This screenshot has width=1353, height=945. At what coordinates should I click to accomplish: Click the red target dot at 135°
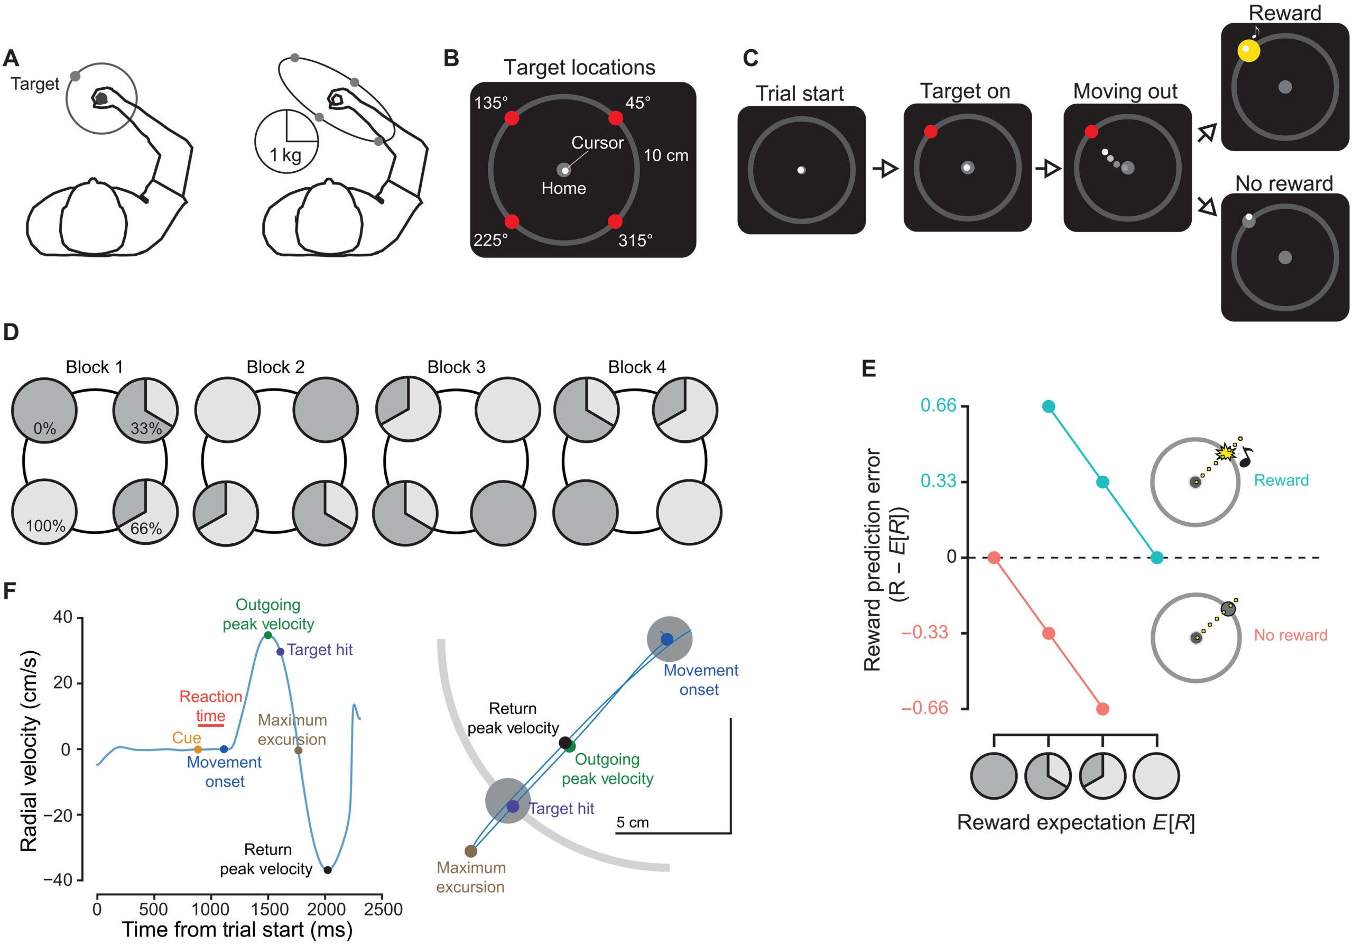coord(512,118)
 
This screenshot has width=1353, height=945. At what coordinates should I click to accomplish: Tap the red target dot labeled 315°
coord(615,221)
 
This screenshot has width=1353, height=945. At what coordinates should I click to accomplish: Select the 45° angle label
coord(637,103)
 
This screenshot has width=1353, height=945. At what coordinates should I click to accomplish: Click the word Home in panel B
coord(563,189)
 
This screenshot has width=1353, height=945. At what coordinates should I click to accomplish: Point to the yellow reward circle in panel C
coord(1248,51)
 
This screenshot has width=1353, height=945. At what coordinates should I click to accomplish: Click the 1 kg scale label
coord(285,155)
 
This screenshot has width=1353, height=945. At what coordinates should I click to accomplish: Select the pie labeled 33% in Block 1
coord(145,410)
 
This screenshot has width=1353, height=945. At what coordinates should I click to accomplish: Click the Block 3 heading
coord(456,367)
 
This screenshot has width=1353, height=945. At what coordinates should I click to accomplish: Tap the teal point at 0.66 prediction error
coord(1049,406)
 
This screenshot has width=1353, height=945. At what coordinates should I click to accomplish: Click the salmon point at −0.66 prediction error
coord(1102,709)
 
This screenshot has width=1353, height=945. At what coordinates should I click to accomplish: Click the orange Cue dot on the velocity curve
coord(198,749)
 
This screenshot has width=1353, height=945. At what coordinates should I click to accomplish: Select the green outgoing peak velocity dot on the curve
coord(267,635)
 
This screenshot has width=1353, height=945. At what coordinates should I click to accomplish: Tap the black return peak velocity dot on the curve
coord(328,870)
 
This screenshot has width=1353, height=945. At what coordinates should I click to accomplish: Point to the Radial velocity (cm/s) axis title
coord(29,751)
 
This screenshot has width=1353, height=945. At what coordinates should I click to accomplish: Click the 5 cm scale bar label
coord(632,822)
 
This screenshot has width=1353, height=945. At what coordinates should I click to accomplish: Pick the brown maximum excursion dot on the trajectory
coord(470,851)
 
